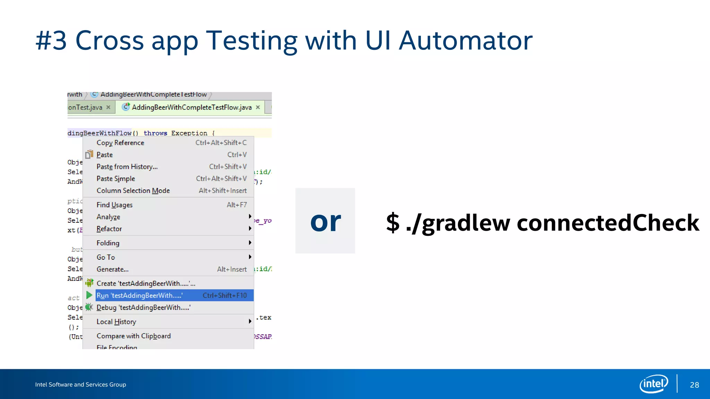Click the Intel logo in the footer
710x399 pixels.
tap(653, 384)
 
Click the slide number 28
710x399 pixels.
tap(694, 385)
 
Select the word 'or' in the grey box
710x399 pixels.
tap(325, 222)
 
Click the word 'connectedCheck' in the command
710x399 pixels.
tap(608, 223)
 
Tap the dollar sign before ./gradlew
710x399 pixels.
tap(393, 223)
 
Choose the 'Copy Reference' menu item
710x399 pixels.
tap(120, 143)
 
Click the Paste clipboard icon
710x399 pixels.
tap(89, 154)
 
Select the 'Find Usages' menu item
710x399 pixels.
tap(114, 205)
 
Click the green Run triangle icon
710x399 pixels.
tap(89, 295)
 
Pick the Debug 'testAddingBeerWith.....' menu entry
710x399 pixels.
tap(143, 308)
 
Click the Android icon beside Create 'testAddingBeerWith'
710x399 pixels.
tap(89, 283)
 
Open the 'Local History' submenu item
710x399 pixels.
tap(116, 322)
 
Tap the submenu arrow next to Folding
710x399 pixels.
tap(250, 243)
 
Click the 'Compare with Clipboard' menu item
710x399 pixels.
tap(133, 336)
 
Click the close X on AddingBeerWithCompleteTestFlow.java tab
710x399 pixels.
tap(258, 107)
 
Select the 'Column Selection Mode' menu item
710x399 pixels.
tap(133, 191)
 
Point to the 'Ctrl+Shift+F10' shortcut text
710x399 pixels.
tap(225, 295)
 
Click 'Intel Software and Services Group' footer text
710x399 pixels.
tap(80, 384)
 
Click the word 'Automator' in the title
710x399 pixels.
tap(465, 41)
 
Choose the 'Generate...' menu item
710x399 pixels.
tap(112, 269)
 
